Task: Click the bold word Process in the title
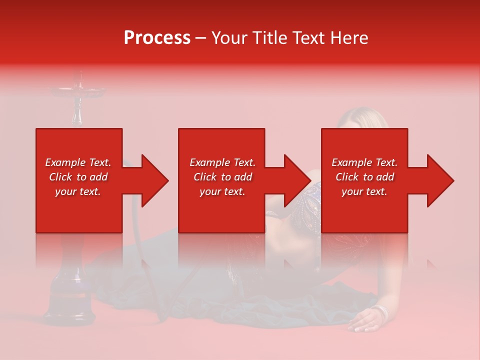[x=157, y=38]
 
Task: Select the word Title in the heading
[x=271, y=38]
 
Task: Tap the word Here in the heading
[x=349, y=38]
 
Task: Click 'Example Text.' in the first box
[x=78, y=162]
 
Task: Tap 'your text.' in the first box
[x=78, y=191]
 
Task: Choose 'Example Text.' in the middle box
[x=222, y=162]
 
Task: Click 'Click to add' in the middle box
[x=222, y=177]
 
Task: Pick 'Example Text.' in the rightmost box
[x=364, y=162]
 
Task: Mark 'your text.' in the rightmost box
[x=364, y=191]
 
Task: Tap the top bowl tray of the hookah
[x=78, y=91]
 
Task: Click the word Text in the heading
[x=310, y=38]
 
